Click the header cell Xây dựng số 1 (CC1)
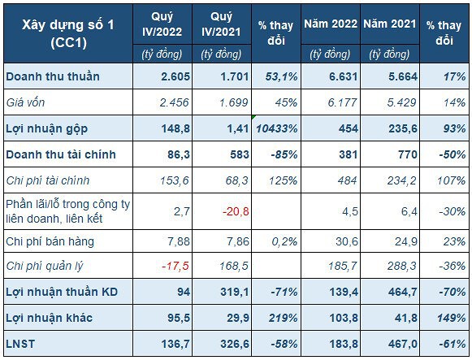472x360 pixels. [68, 33]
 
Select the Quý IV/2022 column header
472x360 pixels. [162, 24]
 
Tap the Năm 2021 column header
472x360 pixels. [389, 24]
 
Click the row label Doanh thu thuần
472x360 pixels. [53, 76]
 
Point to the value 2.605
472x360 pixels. [175, 76]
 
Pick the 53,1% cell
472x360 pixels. [281, 76]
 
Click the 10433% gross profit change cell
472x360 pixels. [277, 129]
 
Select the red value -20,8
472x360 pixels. [236, 211]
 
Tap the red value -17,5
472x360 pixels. [175, 266]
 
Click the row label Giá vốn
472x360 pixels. [25, 102]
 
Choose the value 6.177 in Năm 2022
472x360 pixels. [343, 102]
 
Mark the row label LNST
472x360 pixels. [20, 344]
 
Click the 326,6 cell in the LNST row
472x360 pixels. [235, 344]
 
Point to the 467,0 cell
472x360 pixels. [403, 344]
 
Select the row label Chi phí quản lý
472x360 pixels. [44, 266]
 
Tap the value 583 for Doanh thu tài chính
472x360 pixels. [239, 154]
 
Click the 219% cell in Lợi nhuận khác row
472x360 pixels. [283, 319]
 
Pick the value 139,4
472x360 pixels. [344, 293]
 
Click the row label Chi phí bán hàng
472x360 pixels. [50, 241]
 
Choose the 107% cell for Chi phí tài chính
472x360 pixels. [451, 181]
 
